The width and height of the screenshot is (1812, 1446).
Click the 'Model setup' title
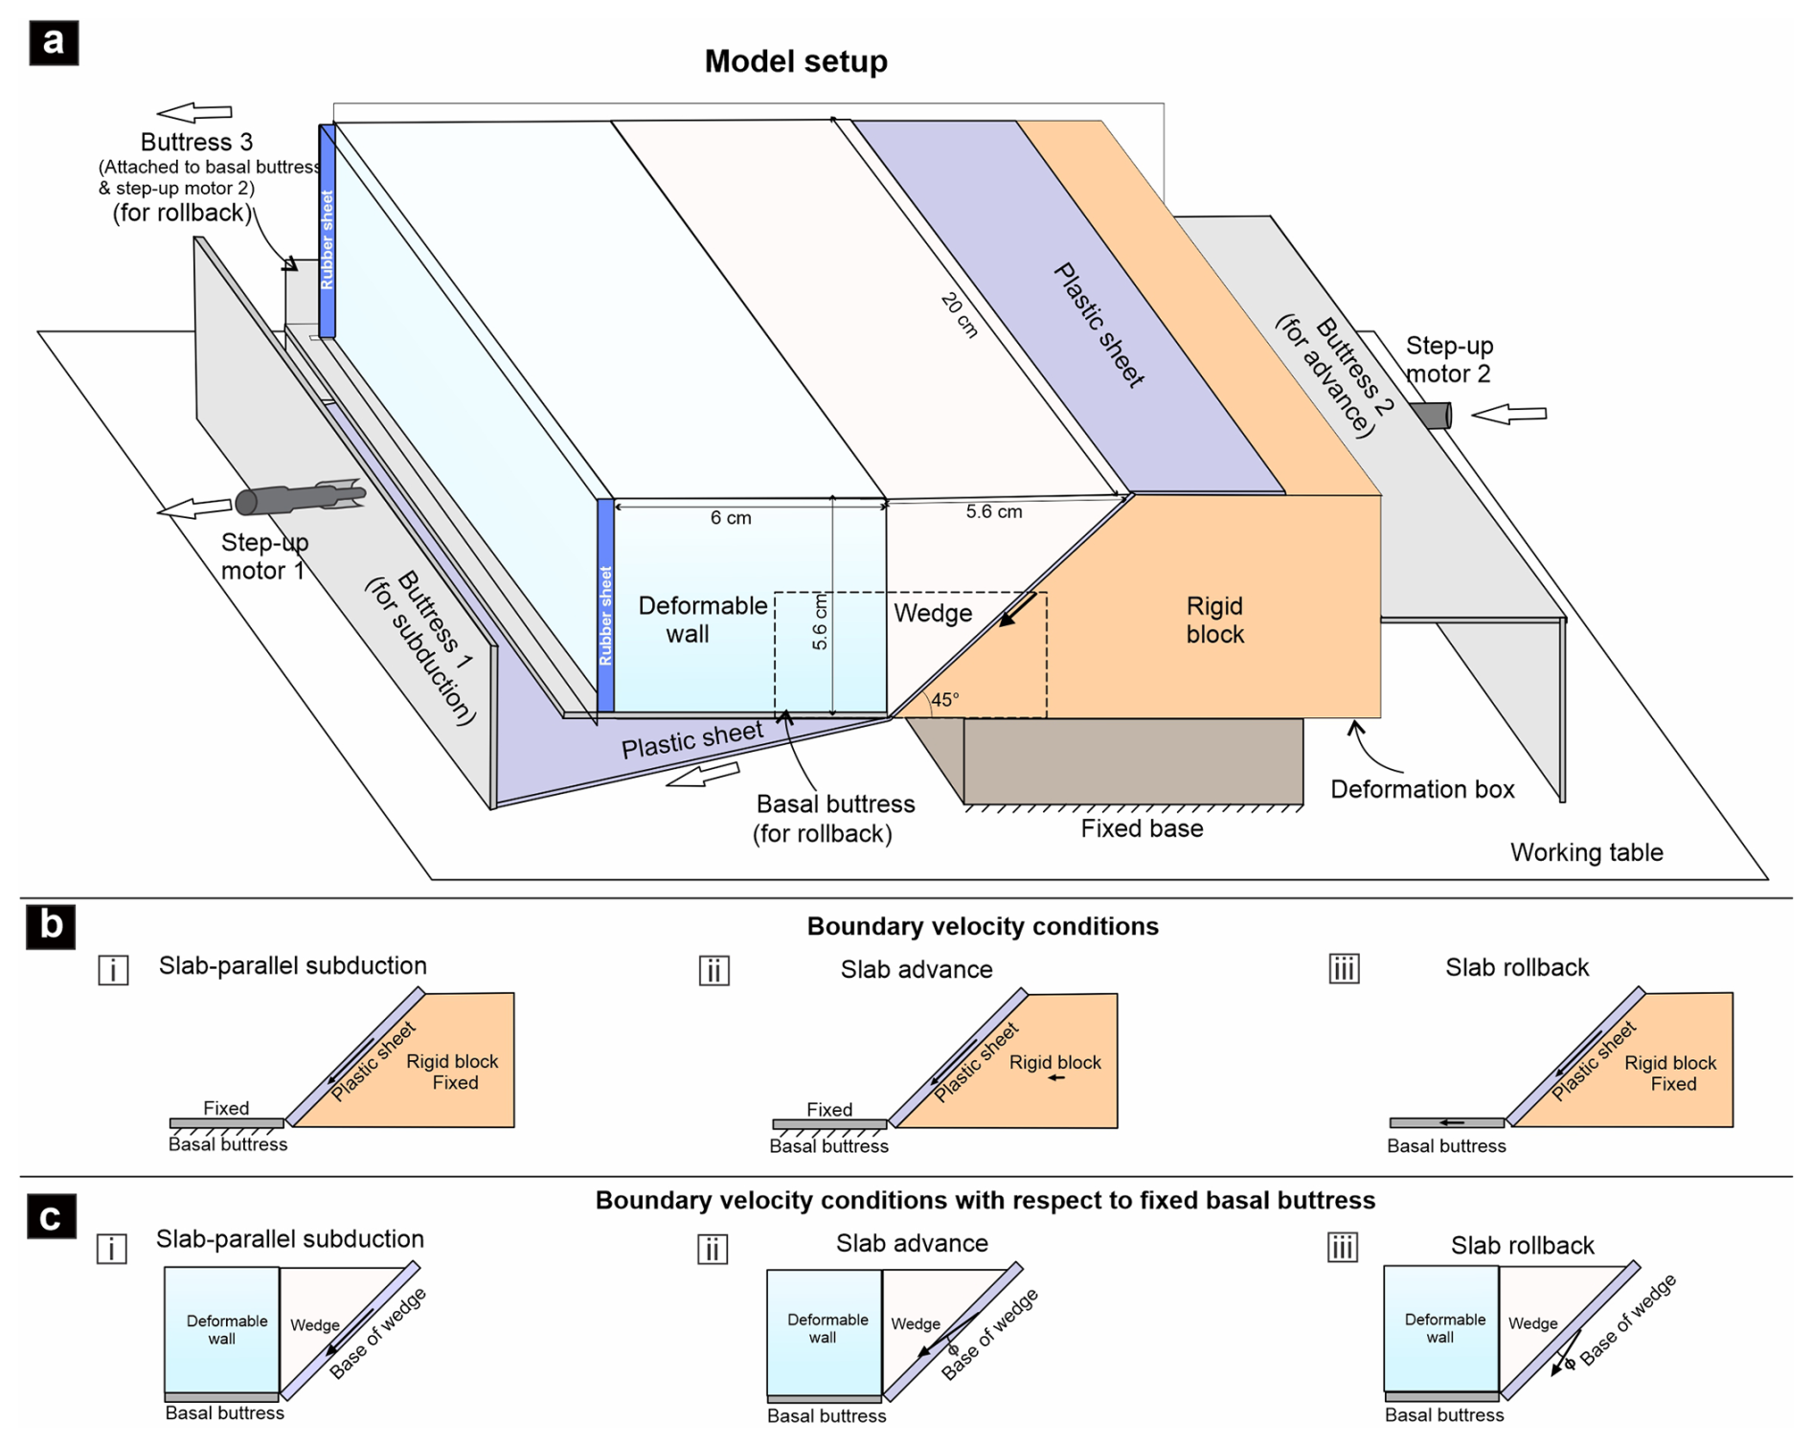[x=795, y=61]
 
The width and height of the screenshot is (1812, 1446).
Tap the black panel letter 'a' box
[x=54, y=42]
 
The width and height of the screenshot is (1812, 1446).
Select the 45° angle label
[x=944, y=700]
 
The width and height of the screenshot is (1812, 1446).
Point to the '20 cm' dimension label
[x=959, y=315]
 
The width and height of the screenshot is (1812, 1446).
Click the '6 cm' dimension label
[x=731, y=518]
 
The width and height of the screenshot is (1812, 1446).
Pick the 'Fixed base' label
[x=1142, y=828]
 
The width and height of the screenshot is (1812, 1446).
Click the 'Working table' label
[x=1586, y=852]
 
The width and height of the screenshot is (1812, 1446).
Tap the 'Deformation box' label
[x=1422, y=789]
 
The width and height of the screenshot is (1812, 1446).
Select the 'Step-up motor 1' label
[x=264, y=556]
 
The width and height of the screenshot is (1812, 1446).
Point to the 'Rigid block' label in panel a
[x=1214, y=620]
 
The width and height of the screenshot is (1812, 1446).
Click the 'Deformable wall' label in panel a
[x=702, y=620]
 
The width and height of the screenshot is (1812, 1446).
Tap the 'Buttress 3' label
[x=196, y=142]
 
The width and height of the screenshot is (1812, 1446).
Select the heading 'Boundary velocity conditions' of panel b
[x=982, y=926]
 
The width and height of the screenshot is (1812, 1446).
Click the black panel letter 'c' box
[x=51, y=1216]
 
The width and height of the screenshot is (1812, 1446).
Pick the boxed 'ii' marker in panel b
[x=713, y=970]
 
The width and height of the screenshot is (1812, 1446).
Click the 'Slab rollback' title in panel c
[x=1522, y=1245]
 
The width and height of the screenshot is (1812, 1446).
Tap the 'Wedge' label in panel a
[x=932, y=613]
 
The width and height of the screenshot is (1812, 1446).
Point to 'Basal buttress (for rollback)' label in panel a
[x=834, y=819]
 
